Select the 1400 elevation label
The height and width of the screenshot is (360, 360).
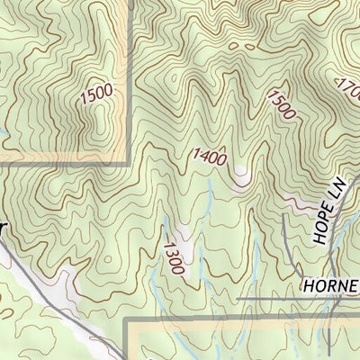209,156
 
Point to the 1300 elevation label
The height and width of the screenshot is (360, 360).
174,256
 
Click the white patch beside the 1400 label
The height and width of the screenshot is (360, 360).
240,175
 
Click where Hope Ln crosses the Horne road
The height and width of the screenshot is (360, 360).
330,298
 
